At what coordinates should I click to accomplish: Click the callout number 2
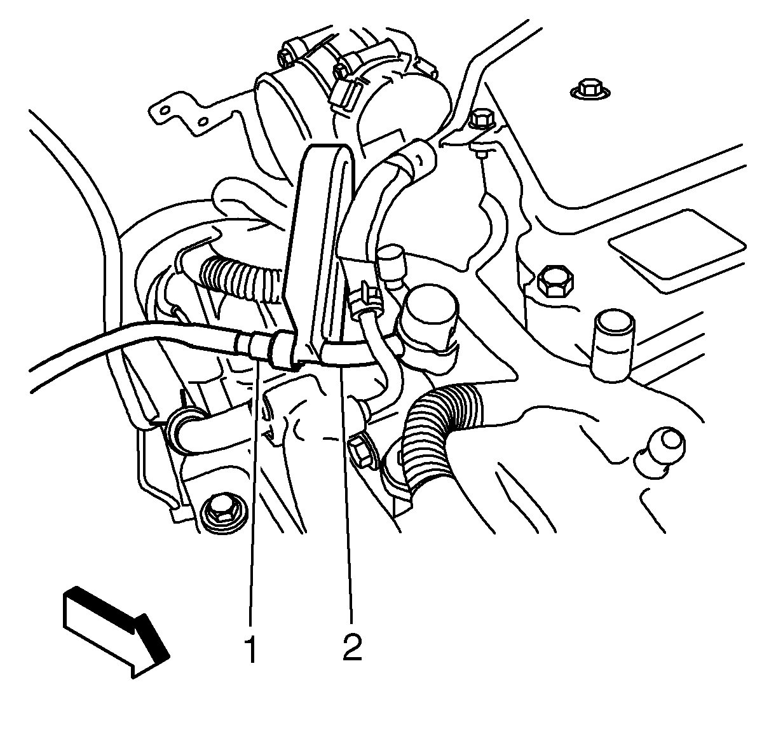click(351, 648)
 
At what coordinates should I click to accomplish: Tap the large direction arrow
click(116, 631)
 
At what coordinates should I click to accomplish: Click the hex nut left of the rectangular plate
click(555, 280)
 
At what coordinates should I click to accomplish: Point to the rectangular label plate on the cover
click(677, 243)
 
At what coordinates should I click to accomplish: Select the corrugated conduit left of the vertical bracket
click(242, 278)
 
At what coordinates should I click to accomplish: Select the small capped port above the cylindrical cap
click(391, 265)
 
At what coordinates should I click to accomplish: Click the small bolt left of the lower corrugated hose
click(361, 452)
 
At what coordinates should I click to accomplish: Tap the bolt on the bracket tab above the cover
click(481, 119)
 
